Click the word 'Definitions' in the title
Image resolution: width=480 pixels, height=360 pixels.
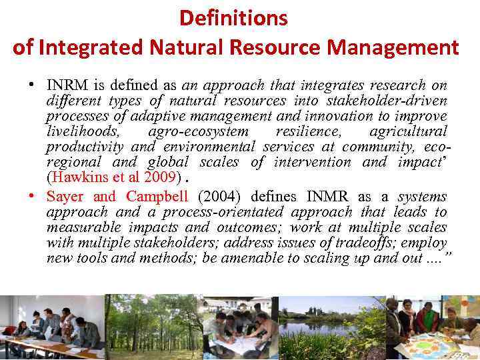tap(233, 18)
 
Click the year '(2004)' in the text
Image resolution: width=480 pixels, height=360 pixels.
tap(221, 196)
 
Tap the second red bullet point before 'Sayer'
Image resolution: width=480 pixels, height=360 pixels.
tap(31, 197)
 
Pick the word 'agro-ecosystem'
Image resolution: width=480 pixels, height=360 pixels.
tap(198, 131)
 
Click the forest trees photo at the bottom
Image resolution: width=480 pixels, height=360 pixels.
tap(153, 327)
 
